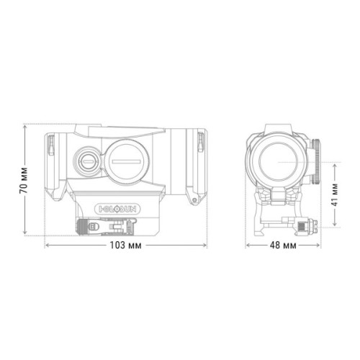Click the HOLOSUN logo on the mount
point(118,210)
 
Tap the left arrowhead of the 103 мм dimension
point(47,246)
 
